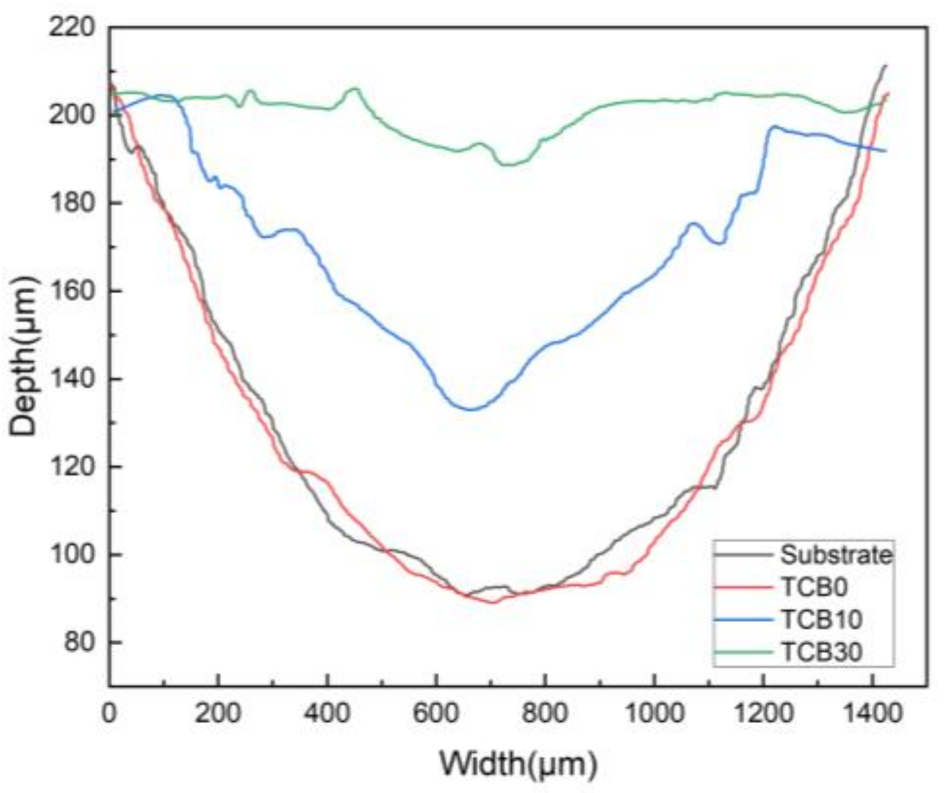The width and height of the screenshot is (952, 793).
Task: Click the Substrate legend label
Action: coord(835,555)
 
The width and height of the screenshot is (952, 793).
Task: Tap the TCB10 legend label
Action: coord(821,619)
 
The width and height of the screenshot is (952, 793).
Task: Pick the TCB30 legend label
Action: coord(821,652)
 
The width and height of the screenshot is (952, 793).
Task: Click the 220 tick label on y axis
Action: coord(72,27)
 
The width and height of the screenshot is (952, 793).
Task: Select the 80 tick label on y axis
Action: coord(79,643)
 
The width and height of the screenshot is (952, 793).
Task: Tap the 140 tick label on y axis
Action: coord(72,379)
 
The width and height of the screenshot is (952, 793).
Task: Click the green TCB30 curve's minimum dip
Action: coord(507,165)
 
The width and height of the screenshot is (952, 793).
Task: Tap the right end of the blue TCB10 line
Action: coord(885,151)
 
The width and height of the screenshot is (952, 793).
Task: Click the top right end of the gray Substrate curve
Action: coord(886,65)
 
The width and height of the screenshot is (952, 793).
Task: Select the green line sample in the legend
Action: coord(743,652)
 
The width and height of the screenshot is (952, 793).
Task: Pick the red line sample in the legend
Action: coord(743,587)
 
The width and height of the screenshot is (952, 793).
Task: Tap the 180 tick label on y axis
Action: coord(72,203)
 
